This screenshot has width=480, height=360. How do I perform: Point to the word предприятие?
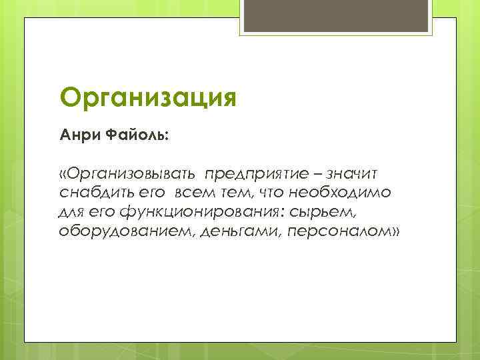point(256,175)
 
